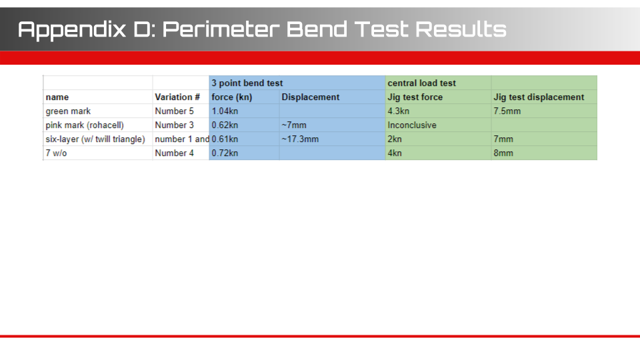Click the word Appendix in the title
point(72,30)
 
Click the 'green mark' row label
point(68,111)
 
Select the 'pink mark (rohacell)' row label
point(85,125)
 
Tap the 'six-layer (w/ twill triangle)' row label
point(95,139)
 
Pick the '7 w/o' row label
point(56,153)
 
